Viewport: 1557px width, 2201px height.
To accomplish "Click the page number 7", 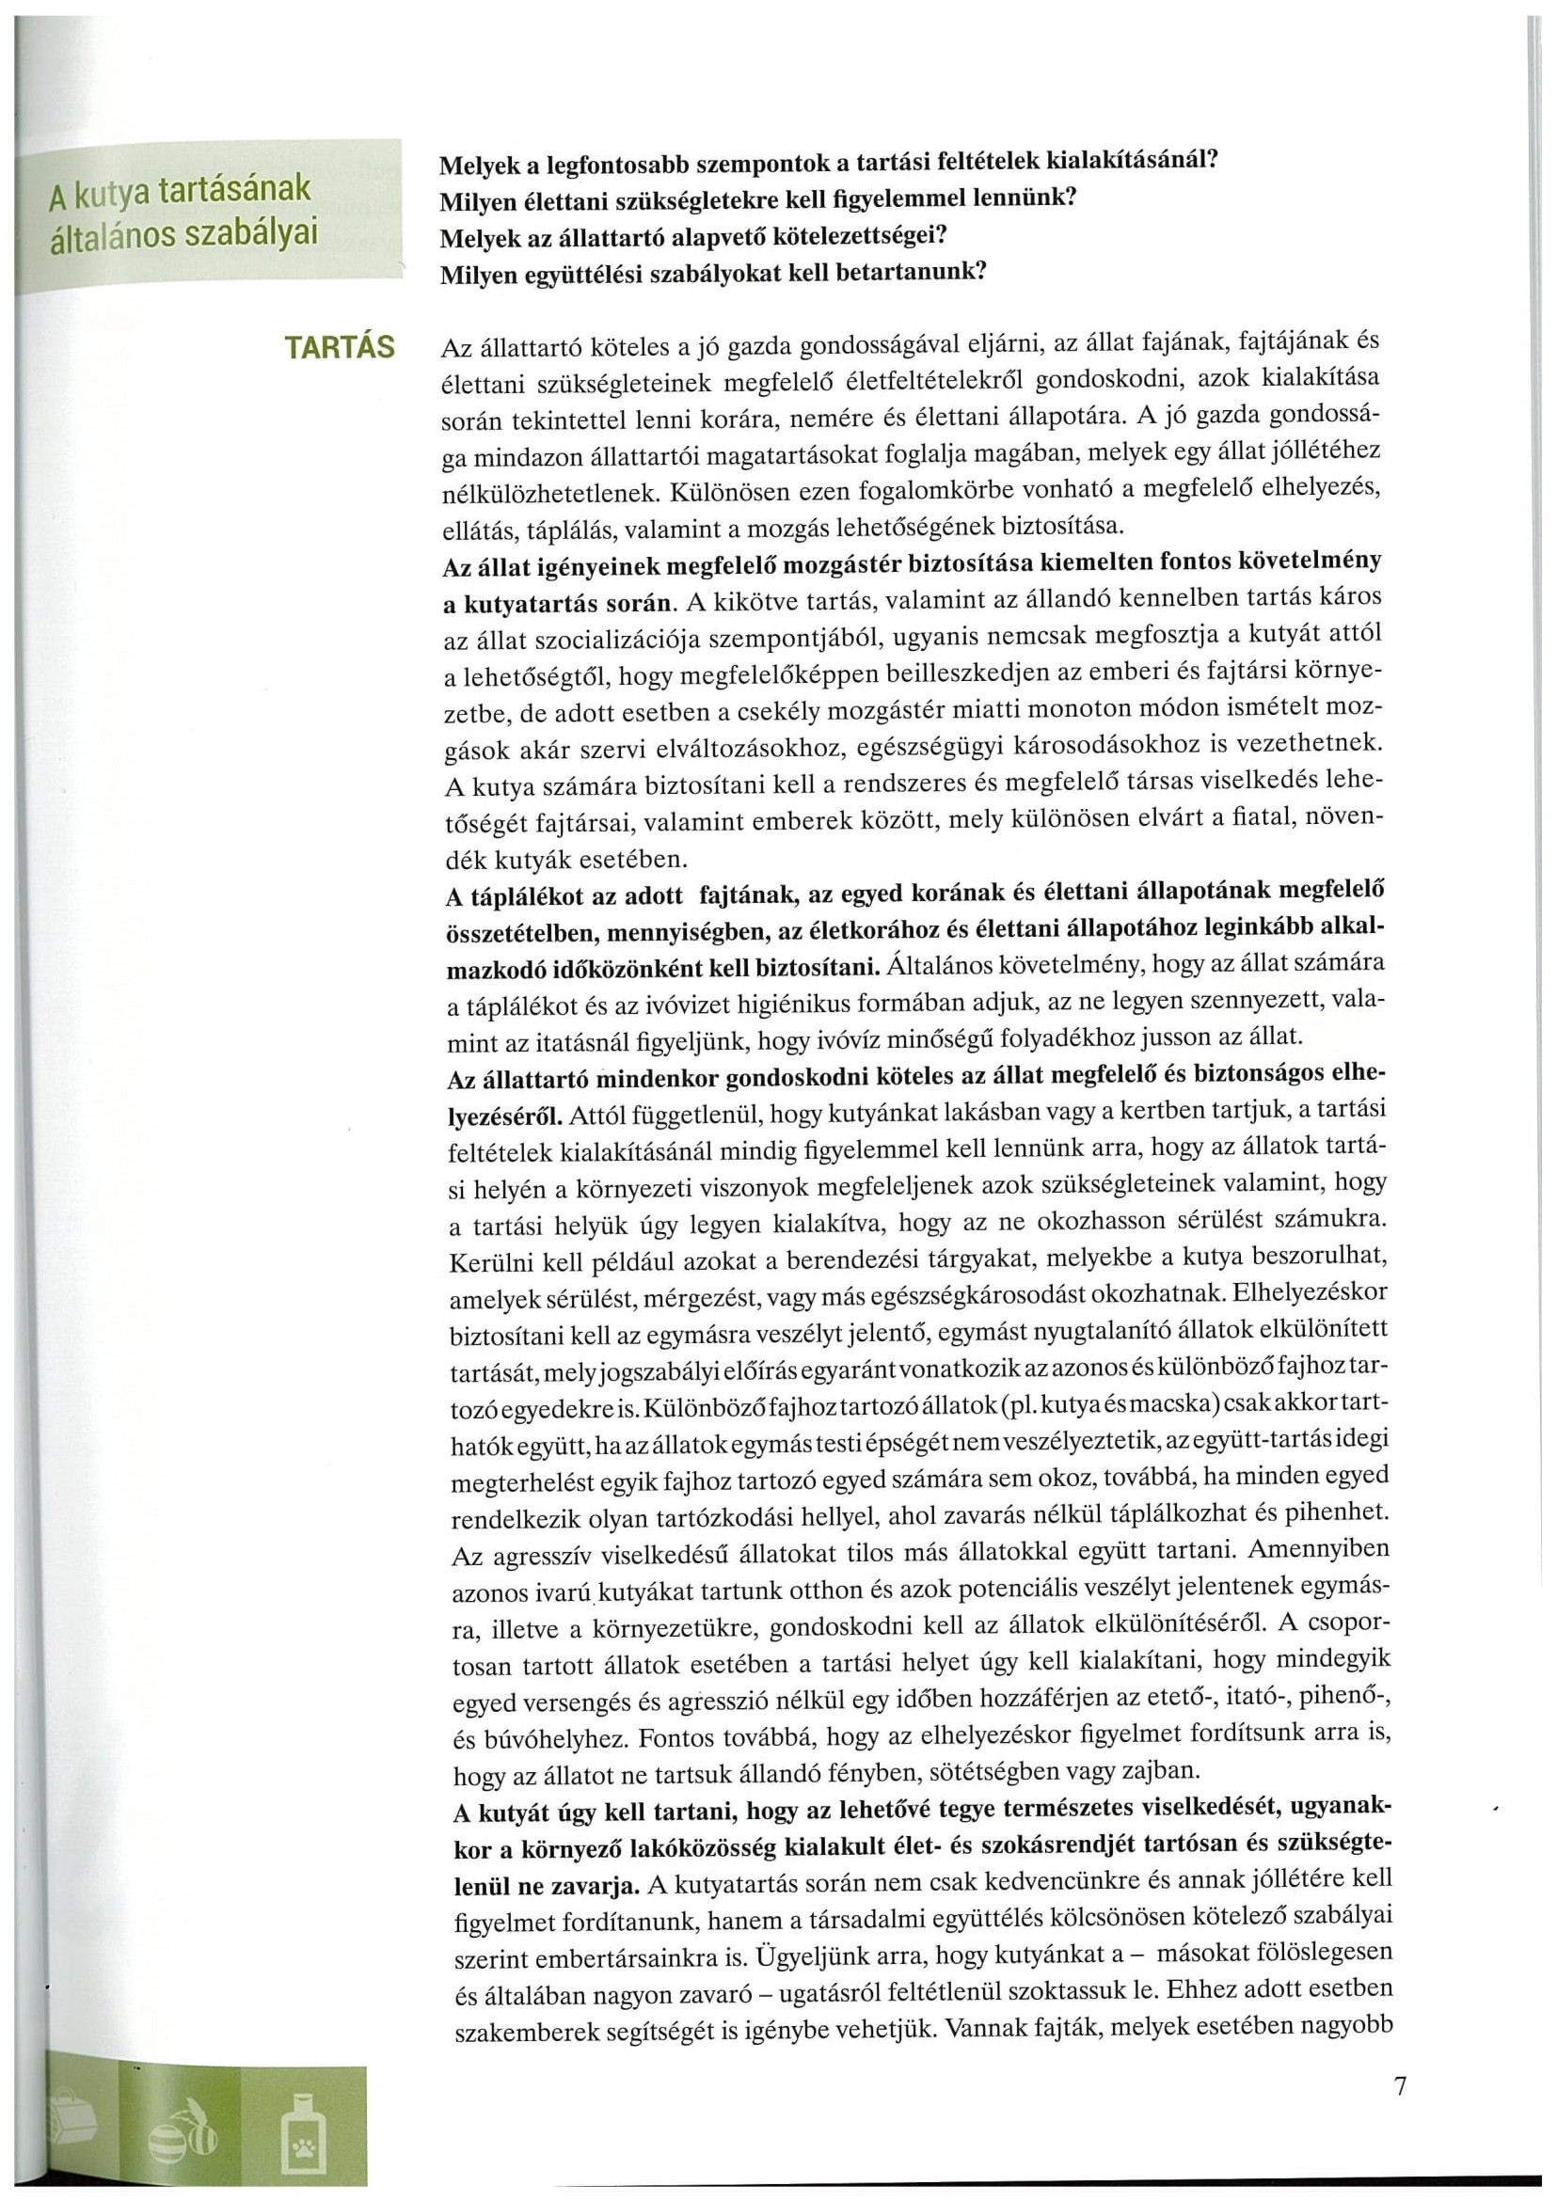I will [1401, 2086].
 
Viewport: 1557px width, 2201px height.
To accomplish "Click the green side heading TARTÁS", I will [340, 348].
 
